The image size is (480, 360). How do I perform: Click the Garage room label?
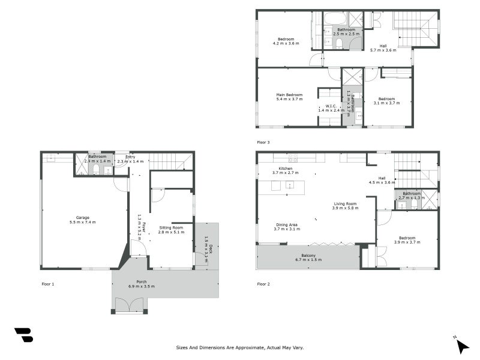pyautogui.click(x=82, y=220)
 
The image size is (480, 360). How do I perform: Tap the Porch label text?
pyautogui.click(x=142, y=284)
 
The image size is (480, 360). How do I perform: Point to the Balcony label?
pyautogui.click(x=308, y=257)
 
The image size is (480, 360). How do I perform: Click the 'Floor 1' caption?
pyautogui.click(x=47, y=283)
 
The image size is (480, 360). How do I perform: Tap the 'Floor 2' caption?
pyautogui.click(x=263, y=283)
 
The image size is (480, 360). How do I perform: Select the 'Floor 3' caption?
pyautogui.click(x=263, y=142)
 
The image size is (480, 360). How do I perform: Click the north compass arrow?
pyautogui.click(x=460, y=344)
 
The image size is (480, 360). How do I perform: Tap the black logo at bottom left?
pyautogui.click(x=23, y=335)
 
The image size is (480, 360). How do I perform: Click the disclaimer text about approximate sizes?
pyautogui.click(x=240, y=347)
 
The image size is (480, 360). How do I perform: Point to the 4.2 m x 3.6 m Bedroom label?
pyautogui.click(x=286, y=41)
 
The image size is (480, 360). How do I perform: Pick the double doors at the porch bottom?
pyautogui.click(x=129, y=305)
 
